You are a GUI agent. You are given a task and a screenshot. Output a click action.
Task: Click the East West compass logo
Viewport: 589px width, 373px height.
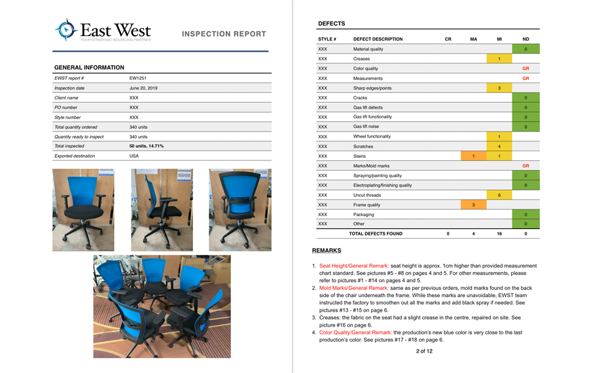click(66, 30)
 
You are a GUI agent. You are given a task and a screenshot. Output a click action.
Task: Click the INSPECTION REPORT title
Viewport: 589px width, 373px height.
click(224, 34)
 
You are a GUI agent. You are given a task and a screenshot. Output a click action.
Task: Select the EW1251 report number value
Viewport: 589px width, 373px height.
click(138, 79)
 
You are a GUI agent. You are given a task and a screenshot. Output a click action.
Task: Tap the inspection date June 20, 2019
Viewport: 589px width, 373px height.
click(143, 88)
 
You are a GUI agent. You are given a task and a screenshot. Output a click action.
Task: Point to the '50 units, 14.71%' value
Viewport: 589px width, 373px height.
click(147, 147)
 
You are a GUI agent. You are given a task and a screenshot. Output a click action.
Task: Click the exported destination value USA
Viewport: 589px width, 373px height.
click(135, 156)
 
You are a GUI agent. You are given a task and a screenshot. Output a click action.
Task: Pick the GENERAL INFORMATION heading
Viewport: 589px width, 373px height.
click(89, 68)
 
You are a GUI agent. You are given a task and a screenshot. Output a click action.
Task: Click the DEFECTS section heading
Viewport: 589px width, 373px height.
click(331, 24)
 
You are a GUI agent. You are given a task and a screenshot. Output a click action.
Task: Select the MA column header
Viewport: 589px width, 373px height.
click(473, 39)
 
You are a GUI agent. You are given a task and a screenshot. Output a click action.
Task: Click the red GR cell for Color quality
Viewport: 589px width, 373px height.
click(526, 69)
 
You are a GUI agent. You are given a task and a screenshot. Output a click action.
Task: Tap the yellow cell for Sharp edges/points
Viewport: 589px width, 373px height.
click(499, 88)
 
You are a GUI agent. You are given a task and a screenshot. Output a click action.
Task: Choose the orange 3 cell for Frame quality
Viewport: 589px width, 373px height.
click(473, 205)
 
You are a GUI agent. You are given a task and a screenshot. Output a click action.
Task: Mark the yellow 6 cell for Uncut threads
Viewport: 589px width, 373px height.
click(499, 195)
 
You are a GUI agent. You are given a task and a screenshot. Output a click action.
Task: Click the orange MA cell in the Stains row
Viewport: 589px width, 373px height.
click(473, 156)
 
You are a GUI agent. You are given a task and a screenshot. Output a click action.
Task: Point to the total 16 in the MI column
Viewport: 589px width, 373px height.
click(499, 234)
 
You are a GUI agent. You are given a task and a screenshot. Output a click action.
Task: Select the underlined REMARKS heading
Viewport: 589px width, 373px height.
click(327, 251)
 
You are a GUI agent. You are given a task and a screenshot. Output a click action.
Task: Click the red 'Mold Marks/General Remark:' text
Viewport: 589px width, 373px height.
click(354, 288)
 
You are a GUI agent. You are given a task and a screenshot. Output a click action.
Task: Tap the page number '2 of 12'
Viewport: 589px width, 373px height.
click(424, 351)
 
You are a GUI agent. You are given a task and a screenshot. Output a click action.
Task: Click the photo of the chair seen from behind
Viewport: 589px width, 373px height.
click(240, 210)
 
